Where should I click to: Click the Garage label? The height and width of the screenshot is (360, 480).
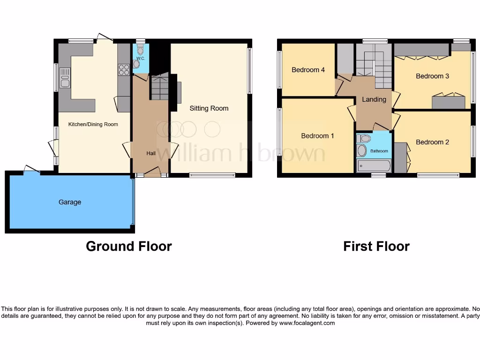(70, 202)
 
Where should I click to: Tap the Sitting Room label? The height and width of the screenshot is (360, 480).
(209, 108)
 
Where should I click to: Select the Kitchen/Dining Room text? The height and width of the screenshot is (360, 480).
(93, 124)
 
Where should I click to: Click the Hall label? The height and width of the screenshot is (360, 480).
(151, 153)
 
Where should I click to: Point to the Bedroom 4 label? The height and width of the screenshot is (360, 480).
(308, 70)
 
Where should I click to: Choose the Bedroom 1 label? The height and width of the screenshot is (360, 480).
(317, 136)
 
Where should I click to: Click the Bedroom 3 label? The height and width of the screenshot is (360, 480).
(432, 76)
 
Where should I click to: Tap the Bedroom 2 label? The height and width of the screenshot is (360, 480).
(432, 142)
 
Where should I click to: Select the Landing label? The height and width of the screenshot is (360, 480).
(374, 99)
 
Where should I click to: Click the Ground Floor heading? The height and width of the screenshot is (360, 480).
(129, 246)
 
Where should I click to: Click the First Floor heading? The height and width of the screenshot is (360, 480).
(376, 246)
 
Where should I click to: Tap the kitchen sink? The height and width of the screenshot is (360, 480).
(65, 78)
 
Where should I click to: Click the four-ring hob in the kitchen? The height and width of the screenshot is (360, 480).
(124, 70)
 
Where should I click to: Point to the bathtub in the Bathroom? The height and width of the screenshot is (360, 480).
(374, 166)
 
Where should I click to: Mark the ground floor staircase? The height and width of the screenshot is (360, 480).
(159, 87)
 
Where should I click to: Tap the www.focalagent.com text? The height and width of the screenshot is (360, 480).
(307, 323)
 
